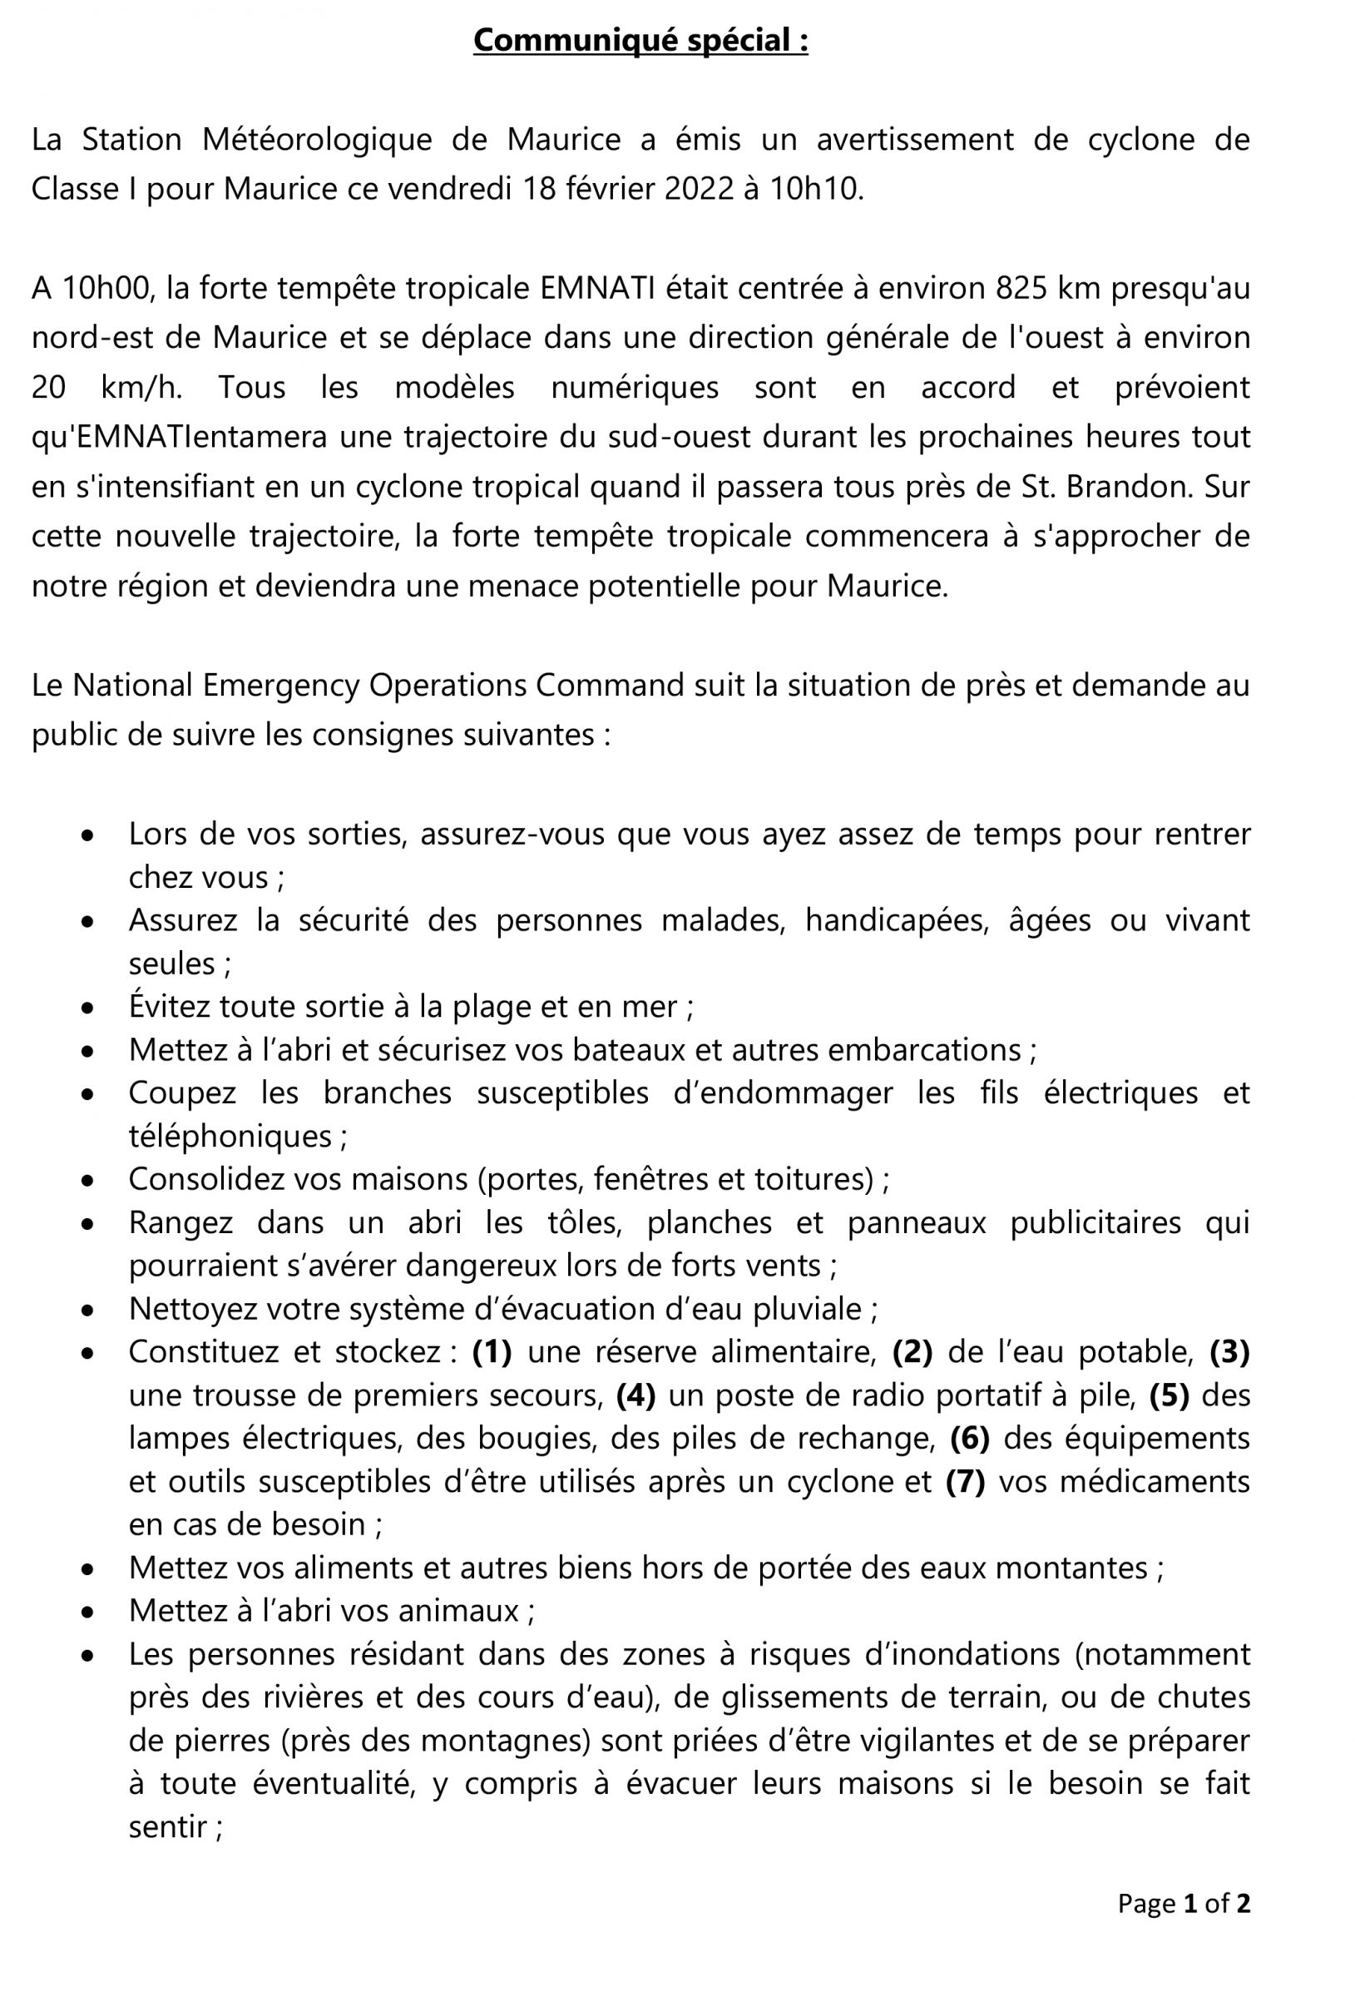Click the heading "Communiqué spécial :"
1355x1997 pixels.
click(x=640, y=41)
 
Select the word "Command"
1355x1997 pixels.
click(x=609, y=685)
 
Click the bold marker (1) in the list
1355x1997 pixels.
click(x=492, y=1351)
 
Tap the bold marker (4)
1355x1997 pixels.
click(x=635, y=1395)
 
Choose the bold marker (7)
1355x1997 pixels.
click(x=965, y=1481)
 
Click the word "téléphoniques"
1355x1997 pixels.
click(x=230, y=1136)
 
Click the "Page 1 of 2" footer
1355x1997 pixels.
click(x=1183, y=1903)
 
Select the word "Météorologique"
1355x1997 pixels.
click(x=317, y=139)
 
